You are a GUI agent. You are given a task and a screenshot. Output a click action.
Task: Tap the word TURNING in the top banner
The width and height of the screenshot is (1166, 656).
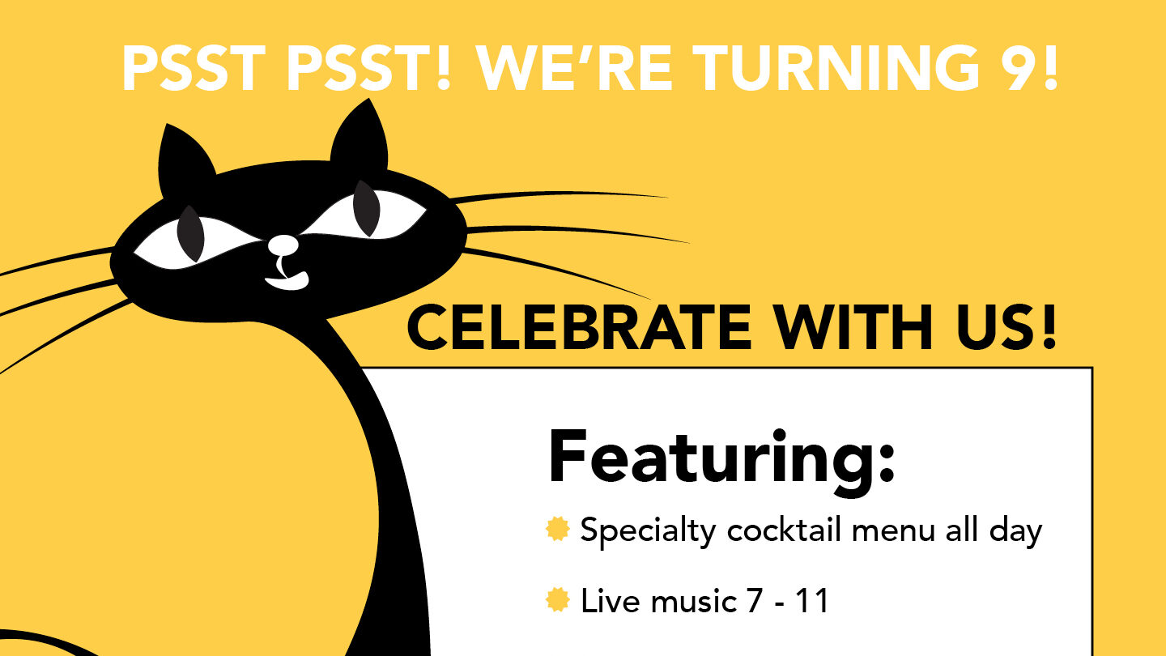[834, 68]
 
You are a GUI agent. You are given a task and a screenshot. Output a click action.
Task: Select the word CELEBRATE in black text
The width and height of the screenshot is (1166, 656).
[579, 327]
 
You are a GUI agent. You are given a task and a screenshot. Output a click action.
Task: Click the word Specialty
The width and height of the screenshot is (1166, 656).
[648, 532]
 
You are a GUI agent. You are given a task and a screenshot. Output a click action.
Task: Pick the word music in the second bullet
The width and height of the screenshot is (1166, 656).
[694, 601]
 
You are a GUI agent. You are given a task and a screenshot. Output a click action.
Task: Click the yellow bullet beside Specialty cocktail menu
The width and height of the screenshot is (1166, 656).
[557, 529]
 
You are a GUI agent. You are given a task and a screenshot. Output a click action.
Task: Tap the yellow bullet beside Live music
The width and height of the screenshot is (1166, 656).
[557, 600]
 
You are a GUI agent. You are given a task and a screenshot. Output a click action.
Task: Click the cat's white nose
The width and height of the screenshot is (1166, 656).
[283, 245]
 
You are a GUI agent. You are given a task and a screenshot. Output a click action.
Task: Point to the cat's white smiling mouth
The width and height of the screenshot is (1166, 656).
[287, 281]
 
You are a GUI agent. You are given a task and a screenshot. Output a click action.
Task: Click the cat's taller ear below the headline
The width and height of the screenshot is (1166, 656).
[361, 136]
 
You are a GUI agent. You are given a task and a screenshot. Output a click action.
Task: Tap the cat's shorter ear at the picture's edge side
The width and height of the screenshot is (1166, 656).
[185, 156]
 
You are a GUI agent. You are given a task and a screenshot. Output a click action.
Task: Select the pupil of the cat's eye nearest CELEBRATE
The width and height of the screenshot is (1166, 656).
[367, 207]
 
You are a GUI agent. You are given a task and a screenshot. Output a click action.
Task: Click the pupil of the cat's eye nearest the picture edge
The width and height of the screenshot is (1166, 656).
[190, 233]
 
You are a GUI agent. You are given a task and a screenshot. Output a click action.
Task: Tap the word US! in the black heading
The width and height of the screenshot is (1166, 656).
[1006, 327]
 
